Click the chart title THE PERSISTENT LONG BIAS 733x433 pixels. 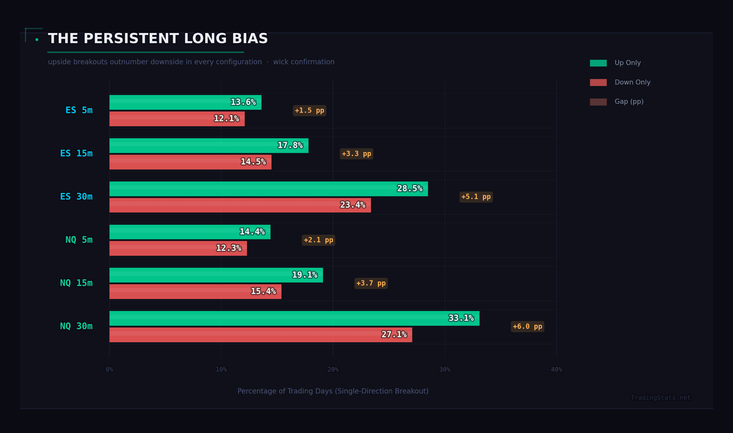pos(157,38)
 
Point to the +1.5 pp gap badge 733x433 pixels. pos(310,111)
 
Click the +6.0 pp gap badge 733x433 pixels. pos(527,326)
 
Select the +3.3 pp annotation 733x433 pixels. pos(356,154)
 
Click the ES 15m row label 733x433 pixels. pos(76,153)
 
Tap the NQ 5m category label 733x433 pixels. pos(79,240)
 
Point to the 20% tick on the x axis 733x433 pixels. pos(333,370)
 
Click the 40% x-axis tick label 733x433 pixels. pos(556,370)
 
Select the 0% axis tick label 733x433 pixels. pos(109,370)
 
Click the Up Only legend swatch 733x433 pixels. pos(598,63)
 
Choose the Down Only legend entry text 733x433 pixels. pos(632,82)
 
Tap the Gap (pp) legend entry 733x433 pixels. pos(628,102)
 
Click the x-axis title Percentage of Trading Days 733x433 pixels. pos(333,391)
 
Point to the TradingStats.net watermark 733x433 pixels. pos(660,398)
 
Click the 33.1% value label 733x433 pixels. pos(461,318)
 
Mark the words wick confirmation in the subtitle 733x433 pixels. pos(304,62)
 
